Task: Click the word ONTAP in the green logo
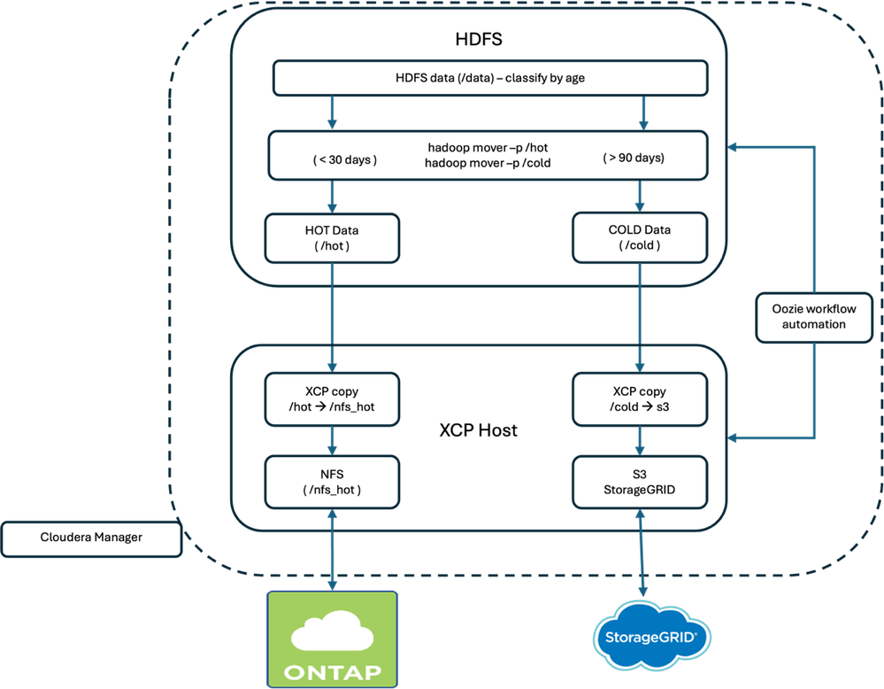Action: coord(332,670)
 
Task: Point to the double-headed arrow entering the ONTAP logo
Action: coord(332,550)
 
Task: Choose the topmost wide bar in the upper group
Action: coord(490,78)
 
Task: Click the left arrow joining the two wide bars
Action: coord(332,113)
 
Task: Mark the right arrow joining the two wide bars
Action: coord(643,113)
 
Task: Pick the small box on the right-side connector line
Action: coord(813,318)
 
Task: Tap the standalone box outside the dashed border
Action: coord(91,539)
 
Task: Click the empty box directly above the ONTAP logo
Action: coord(332,482)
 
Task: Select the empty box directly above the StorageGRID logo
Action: coord(640,482)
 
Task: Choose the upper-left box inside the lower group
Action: coord(332,400)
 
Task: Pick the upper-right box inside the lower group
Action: coord(640,400)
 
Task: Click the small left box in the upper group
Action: coord(332,237)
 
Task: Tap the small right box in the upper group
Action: coord(640,237)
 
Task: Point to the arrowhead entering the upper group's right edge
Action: coord(732,148)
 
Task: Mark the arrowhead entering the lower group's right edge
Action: coord(732,436)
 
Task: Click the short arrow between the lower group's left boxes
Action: coord(332,442)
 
